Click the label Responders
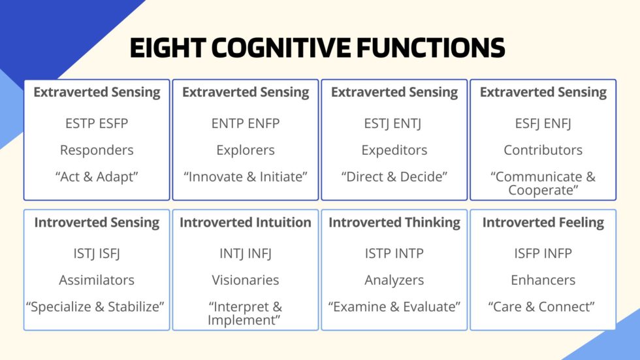pyautogui.click(x=97, y=150)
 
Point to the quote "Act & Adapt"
pyautogui.click(x=97, y=176)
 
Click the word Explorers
pyautogui.click(x=246, y=150)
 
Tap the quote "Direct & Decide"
pyautogui.click(x=394, y=176)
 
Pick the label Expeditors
pyautogui.click(x=394, y=150)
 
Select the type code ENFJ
pyautogui.click(x=561, y=123)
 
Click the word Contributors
pyautogui.click(x=543, y=150)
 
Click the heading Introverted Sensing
pyautogui.click(x=97, y=222)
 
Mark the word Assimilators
pyautogui.click(x=97, y=280)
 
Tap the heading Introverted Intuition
pyautogui.click(x=246, y=222)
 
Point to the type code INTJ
pyautogui.click(x=229, y=253)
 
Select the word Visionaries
pyautogui.click(x=246, y=280)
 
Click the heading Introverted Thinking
pyautogui.click(x=394, y=222)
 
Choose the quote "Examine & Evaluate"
pyautogui.click(x=394, y=306)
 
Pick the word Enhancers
pyautogui.click(x=543, y=280)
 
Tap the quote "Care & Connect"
pyautogui.click(x=543, y=306)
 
